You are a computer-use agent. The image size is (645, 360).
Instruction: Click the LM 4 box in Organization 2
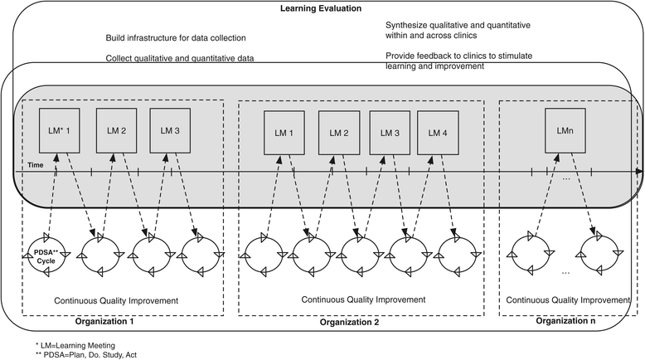439,133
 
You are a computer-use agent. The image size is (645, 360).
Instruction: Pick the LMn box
567,133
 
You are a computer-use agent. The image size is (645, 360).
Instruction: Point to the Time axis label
32,165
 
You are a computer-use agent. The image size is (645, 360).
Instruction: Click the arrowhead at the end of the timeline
638,171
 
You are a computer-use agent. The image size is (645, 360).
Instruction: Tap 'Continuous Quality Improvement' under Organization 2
363,299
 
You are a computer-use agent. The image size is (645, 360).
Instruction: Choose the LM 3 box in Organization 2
387,133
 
